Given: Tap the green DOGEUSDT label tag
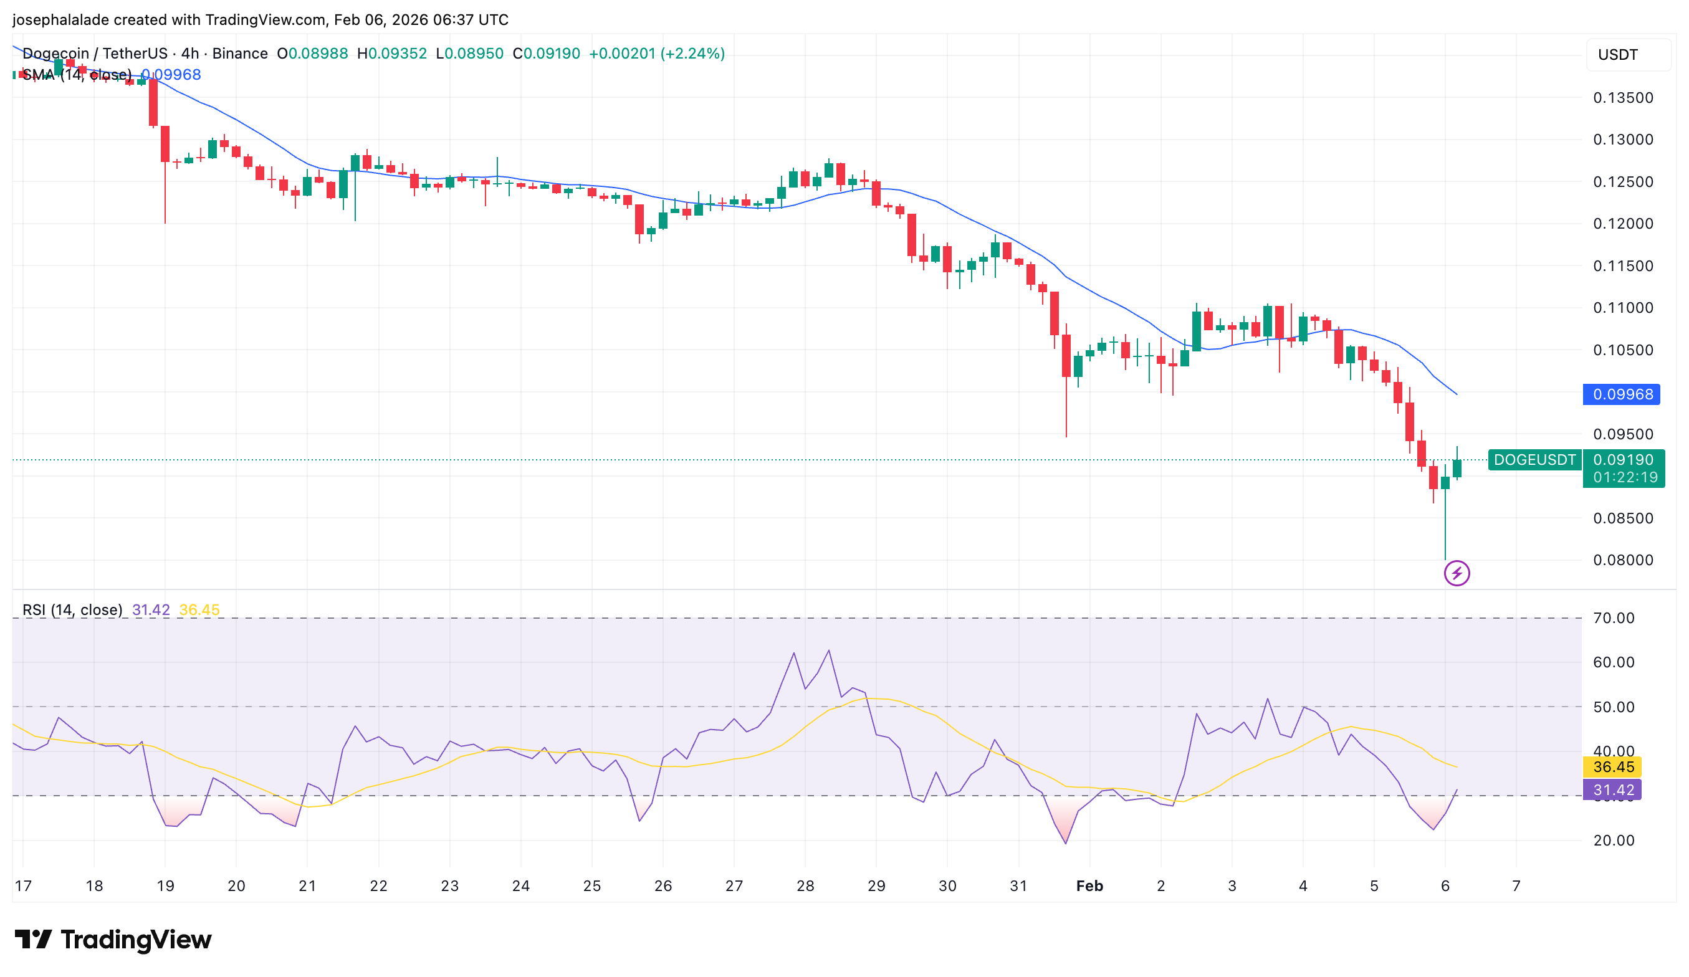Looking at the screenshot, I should pyautogui.click(x=1534, y=460).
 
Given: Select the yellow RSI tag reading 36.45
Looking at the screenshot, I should pyautogui.click(x=1613, y=766).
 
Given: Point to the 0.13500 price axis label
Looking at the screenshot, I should pyautogui.click(x=1623, y=98).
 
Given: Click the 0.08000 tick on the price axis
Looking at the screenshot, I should pyautogui.click(x=1623, y=560).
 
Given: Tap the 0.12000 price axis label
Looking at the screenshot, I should pyautogui.click(x=1623, y=224).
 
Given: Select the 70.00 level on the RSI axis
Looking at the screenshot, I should pyautogui.click(x=1613, y=618).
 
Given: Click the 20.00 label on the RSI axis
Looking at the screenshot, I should pyautogui.click(x=1613, y=841).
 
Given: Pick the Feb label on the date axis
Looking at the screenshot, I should pyautogui.click(x=1089, y=886).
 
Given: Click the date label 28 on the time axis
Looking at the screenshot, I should pyautogui.click(x=805, y=886).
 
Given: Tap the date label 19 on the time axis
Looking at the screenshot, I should pyautogui.click(x=166, y=886).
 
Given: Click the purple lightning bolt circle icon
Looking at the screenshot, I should pyautogui.click(x=1457, y=573).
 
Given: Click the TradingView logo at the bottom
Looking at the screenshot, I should pyautogui.click(x=113, y=940).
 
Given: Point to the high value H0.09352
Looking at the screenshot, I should pyautogui.click(x=392, y=54).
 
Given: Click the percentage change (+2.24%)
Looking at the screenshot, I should pyautogui.click(x=692, y=54).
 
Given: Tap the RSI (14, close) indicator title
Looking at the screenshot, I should pyautogui.click(x=72, y=610).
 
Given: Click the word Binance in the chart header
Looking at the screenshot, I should pyautogui.click(x=240, y=54).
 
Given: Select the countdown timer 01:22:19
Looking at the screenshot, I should pyautogui.click(x=1625, y=477).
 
